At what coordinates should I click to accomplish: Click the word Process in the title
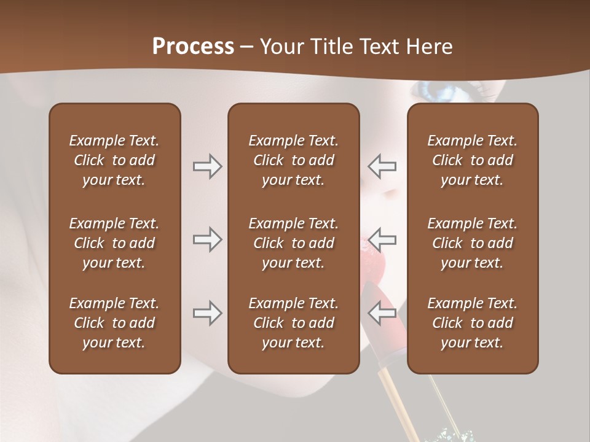tap(193, 47)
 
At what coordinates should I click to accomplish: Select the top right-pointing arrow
tap(208, 166)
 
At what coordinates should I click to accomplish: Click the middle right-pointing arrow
tap(208, 239)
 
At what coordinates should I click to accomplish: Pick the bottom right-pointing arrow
tap(208, 313)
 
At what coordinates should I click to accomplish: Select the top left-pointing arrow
tap(382, 166)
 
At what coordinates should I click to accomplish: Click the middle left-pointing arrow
tap(382, 239)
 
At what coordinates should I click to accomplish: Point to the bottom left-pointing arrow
tap(382, 313)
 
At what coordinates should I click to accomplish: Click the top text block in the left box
tap(114, 160)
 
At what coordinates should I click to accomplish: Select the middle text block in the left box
tap(114, 243)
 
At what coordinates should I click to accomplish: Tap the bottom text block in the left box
tap(114, 323)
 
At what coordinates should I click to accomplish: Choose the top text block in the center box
tap(293, 160)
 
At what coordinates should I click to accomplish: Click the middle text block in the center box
tap(293, 243)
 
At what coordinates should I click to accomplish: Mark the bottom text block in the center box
tap(293, 323)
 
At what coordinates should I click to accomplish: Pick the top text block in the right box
tap(472, 160)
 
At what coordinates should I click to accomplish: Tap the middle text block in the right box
tap(472, 243)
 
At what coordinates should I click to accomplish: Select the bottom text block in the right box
tap(472, 323)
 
